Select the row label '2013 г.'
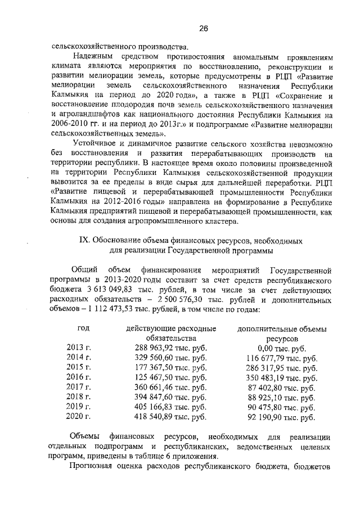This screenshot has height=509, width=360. coord(79,348)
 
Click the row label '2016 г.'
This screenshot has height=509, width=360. coord(79,378)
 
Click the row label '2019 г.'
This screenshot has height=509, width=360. coord(79,407)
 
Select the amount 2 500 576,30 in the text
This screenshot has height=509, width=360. coord(184,299)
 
